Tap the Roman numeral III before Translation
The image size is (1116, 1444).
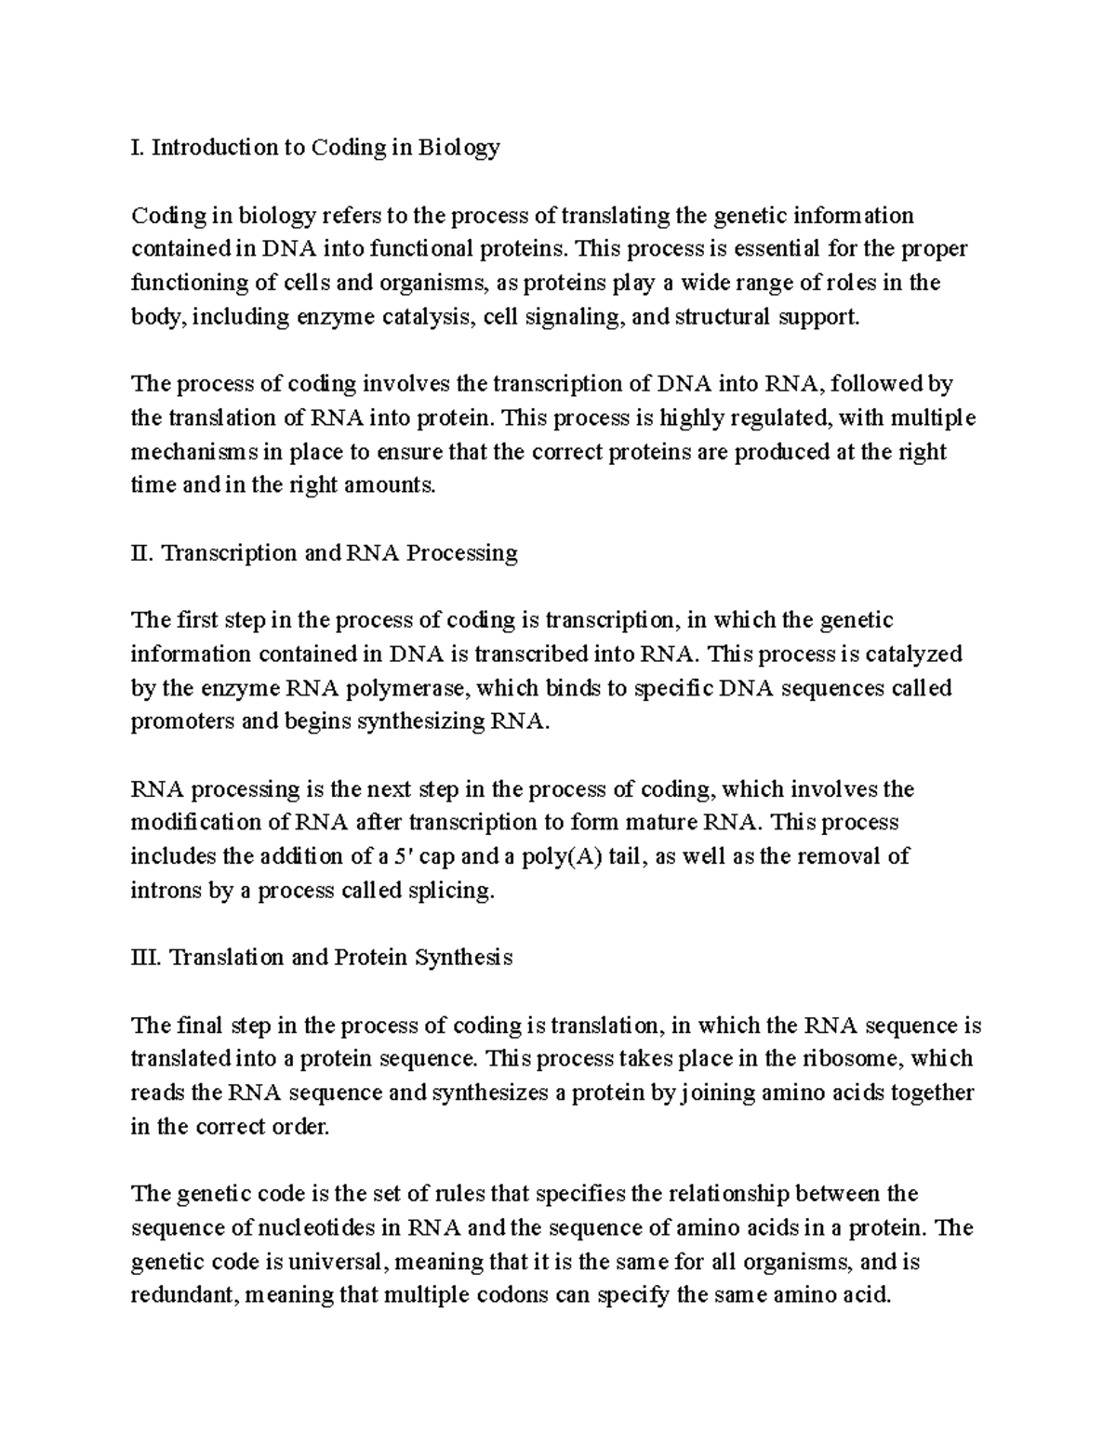(x=146, y=958)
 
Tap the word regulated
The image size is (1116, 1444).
(x=779, y=418)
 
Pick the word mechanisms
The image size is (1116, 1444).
(x=193, y=453)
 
